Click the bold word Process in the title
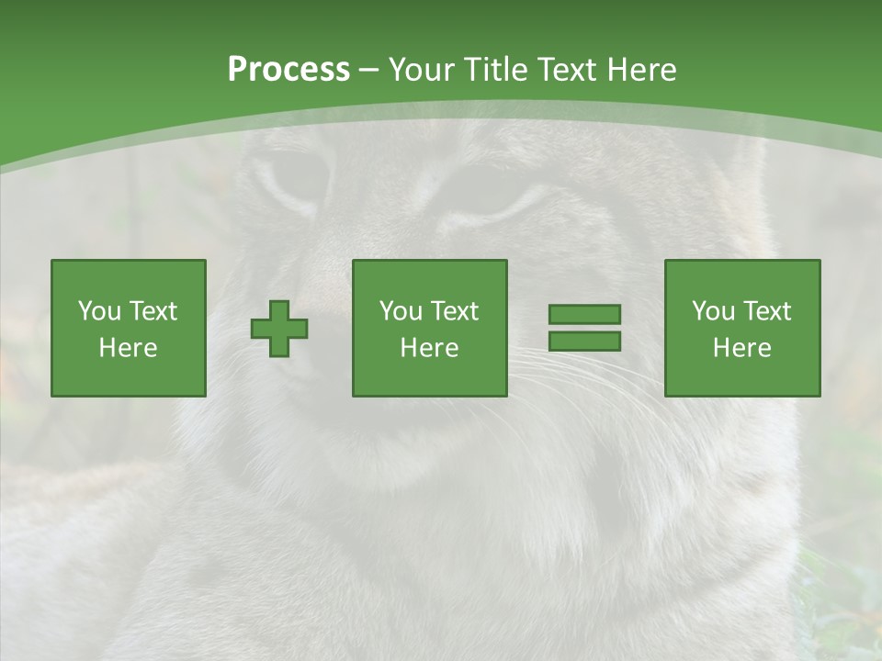click(x=288, y=70)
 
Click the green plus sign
click(x=279, y=329)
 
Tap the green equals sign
click(x=584, y=328)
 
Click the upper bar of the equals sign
click(x=584, y=315)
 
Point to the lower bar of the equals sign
click(x=584, y=341)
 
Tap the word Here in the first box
click(x=129, y=348)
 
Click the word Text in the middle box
click(x=454, y=311)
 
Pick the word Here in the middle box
click(x=429, y=348)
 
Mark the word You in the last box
click(x=713, y=311)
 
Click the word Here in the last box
click(x=742, y=348)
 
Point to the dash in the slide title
click(x=368, y=70)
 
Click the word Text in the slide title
click(x=563, y=70)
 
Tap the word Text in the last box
click(x=766, y=311)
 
